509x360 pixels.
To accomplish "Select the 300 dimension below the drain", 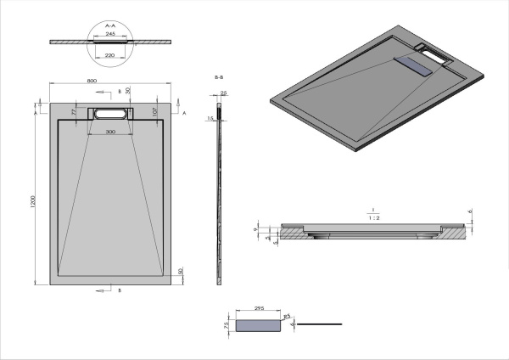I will (x=110, y=132).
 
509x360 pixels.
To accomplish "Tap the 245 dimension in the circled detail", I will (x=110, y=35).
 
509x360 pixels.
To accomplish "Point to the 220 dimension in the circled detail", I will (x=110, y=55).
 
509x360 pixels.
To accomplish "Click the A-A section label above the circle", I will (x=109, y=26).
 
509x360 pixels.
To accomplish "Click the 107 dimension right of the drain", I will (x=154, y=110).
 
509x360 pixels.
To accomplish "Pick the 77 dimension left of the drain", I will (x=74, y=111).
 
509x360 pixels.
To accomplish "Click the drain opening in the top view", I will (x=110, y=112).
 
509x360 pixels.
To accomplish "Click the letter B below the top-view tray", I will (x=119, y=290).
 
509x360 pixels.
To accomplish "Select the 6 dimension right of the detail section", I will (x=471, y=212).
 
